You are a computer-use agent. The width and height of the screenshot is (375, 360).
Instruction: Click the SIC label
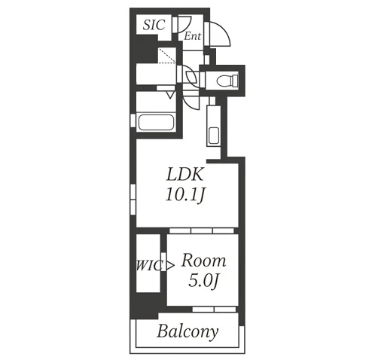[154, 25]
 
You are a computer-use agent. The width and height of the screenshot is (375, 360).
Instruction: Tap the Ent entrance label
[193, 36]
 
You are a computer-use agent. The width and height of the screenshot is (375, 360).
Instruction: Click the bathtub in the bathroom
[156, 122]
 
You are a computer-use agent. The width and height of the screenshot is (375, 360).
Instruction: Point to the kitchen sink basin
[214, 136]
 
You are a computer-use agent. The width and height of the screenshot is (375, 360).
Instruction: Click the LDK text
[184, 175]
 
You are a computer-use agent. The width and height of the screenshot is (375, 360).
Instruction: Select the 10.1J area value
[185, 195]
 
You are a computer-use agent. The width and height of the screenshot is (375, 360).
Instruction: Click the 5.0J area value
[204, 280]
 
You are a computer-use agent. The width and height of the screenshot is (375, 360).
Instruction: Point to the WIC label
[148, 266]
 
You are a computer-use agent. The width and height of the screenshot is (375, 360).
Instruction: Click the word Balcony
[187, 332]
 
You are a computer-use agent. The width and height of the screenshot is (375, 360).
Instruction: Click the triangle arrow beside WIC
[170, 265]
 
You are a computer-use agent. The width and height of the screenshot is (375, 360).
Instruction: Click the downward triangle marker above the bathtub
[170, 95]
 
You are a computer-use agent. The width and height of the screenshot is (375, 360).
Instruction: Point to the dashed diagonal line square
[167, 56]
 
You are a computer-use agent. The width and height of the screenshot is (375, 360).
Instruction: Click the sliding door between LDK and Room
[202, 230]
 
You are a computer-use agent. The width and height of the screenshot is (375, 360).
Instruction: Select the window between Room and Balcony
[214, 309]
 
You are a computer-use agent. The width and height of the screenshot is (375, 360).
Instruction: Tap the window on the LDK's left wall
[133, 200]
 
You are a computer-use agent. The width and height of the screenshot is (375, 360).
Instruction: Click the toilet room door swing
[192, 77]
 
